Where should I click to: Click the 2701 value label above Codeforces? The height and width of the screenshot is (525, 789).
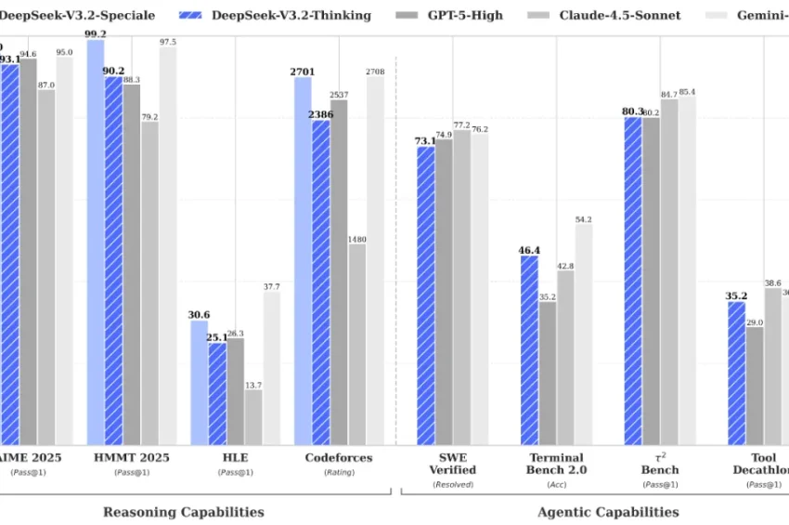tap(304, 70)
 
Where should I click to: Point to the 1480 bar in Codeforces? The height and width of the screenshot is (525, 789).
tap(357, 344)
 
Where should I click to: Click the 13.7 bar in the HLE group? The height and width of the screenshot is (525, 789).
tap(253, 417)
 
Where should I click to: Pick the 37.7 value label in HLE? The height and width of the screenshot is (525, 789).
tap(271, 286)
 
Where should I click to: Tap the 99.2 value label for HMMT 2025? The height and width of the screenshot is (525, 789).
tap(95, 33)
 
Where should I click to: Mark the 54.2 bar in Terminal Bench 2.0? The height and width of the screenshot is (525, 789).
tap(584, 334)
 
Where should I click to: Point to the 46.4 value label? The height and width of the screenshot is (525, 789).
tap(529, 250)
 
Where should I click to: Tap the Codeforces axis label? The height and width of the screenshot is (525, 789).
tap(339, 457)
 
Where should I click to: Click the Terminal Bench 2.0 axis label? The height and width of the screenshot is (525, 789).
tap(556, 464)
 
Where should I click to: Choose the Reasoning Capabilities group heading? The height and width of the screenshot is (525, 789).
tap(183, 512)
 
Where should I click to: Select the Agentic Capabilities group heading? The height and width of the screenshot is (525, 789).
tap(608, 512)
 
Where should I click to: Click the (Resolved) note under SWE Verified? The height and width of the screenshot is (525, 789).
tap(452, 484)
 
